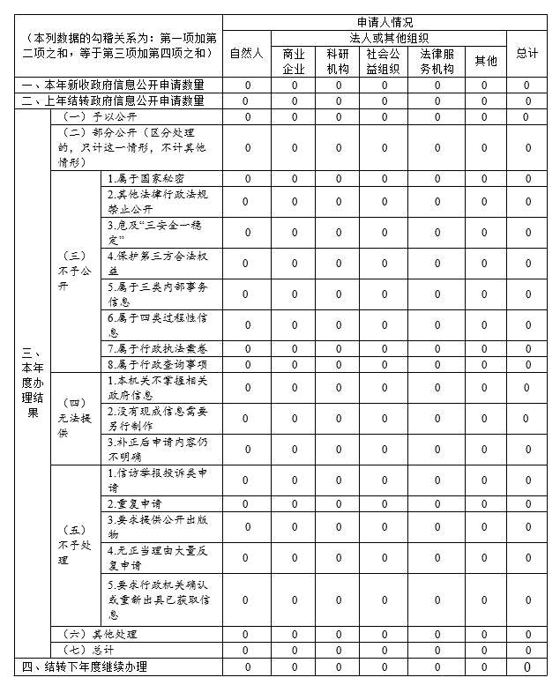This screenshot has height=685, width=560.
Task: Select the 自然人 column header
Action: click(247, 53)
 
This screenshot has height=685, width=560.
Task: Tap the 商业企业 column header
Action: click(294, 61)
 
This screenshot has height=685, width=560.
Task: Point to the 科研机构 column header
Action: click(338, 61)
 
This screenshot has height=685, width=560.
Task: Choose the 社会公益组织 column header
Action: click(385, 61)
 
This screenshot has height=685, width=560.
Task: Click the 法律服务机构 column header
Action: click(437, 61)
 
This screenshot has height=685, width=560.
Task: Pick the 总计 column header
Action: click(527, 53)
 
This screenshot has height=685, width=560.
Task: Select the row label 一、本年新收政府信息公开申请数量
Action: click(113, 86)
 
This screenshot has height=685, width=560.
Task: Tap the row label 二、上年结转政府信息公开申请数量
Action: click(113, 101)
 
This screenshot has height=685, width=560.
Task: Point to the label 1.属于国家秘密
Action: click(146, 178)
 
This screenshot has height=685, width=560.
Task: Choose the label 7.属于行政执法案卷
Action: click(157, 348)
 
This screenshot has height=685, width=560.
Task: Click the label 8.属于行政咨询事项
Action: click(157, 363)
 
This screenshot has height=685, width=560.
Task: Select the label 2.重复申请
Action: click(134, 503)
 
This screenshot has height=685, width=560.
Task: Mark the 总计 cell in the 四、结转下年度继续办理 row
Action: click(527, 666)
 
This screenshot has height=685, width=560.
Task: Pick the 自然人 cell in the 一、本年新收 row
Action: click(247, 86)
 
